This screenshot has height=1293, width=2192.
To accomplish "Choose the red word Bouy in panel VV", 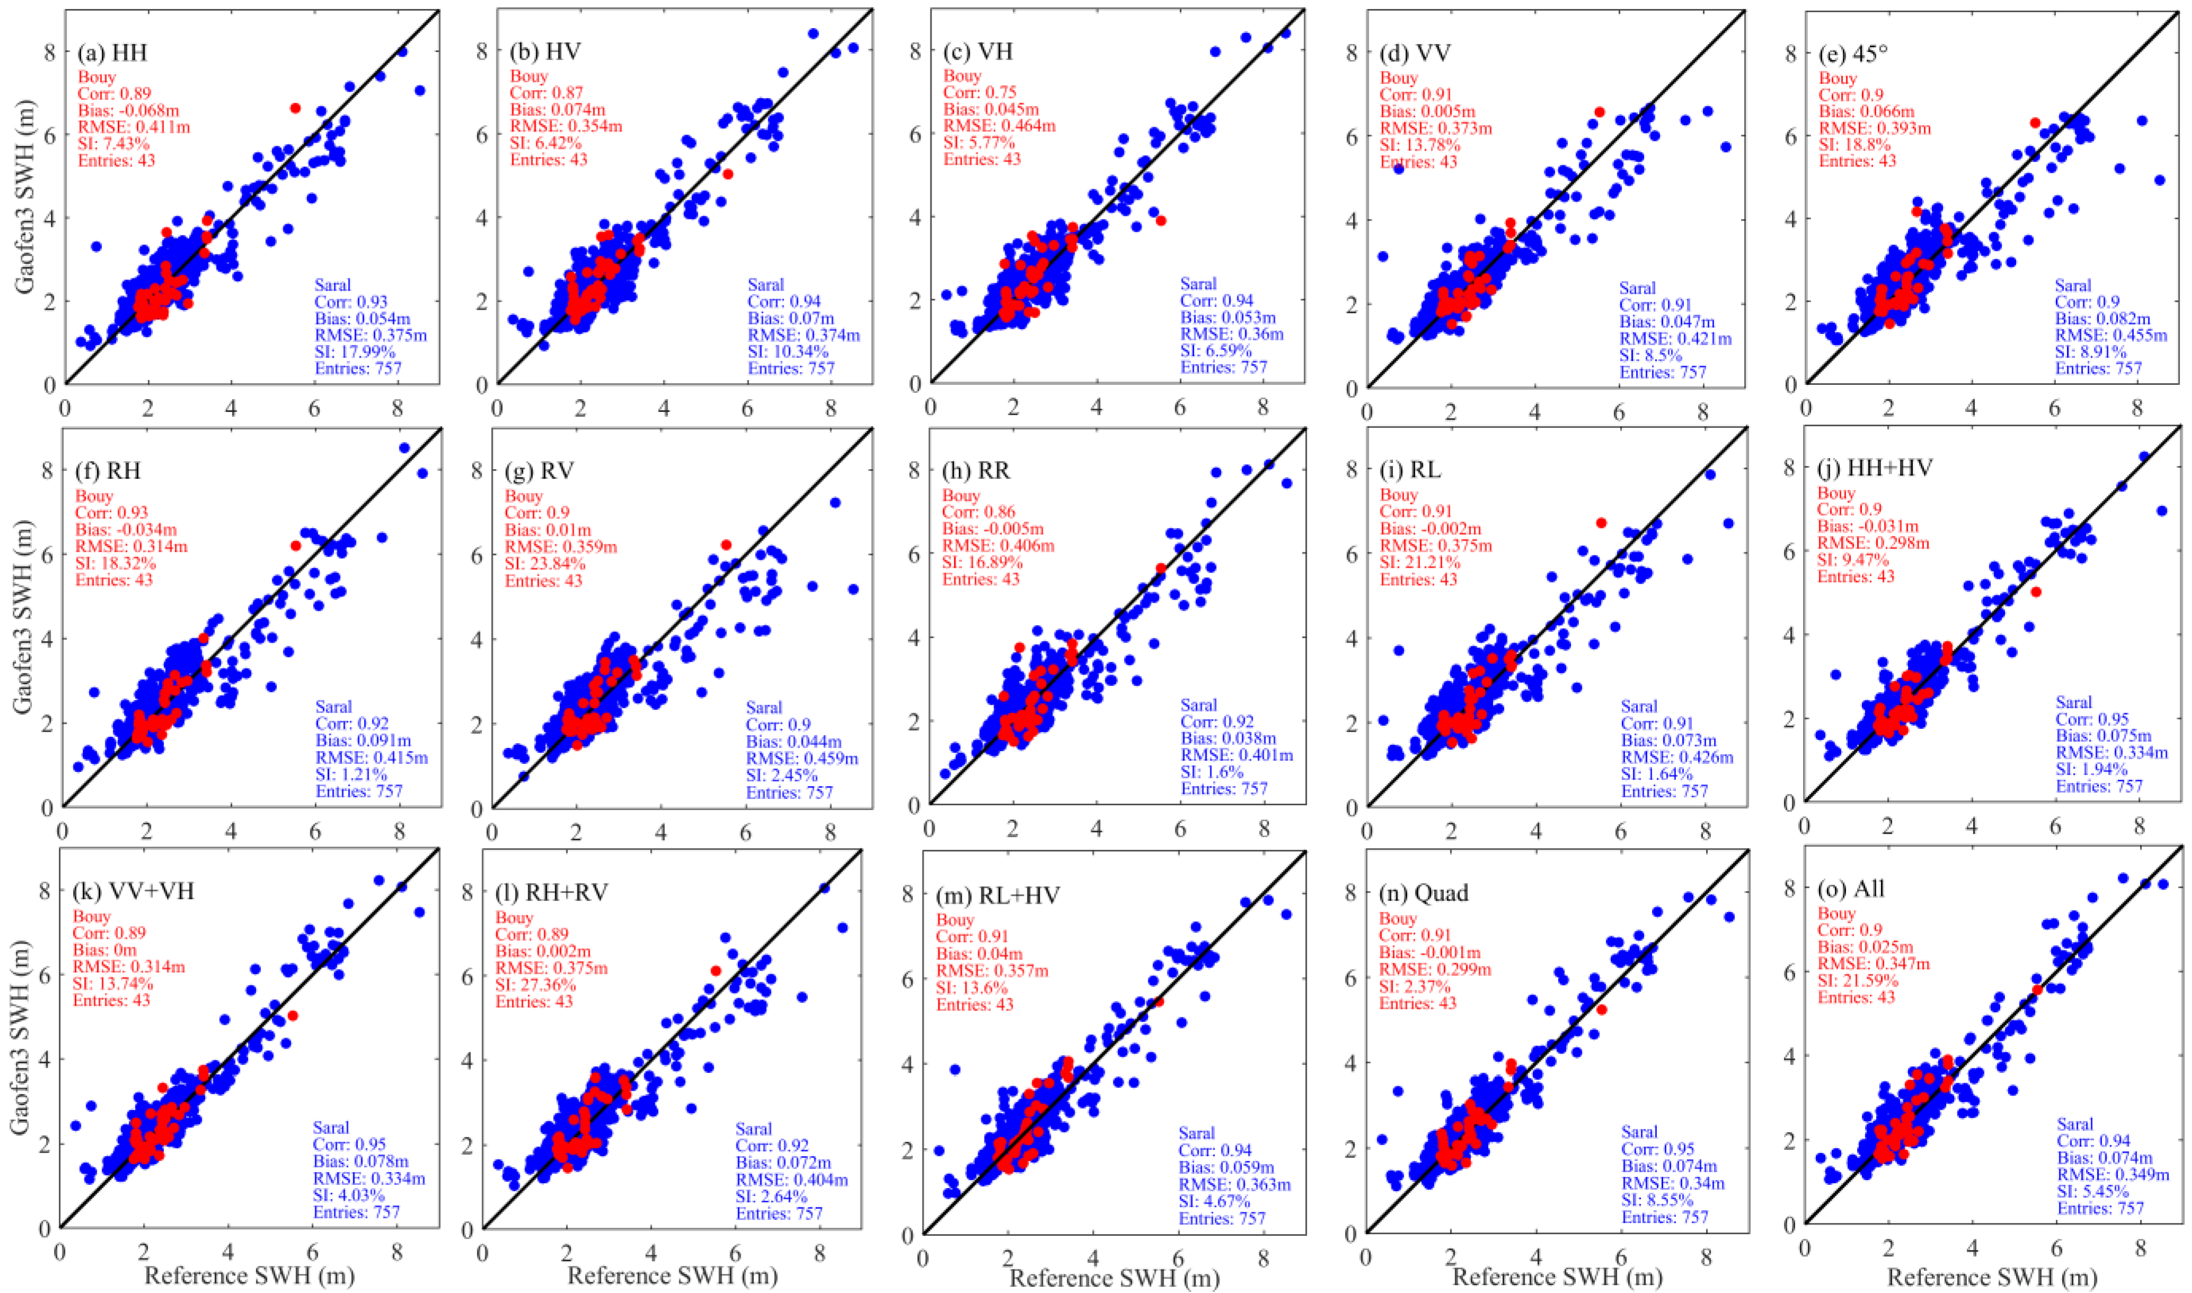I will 1399,78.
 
